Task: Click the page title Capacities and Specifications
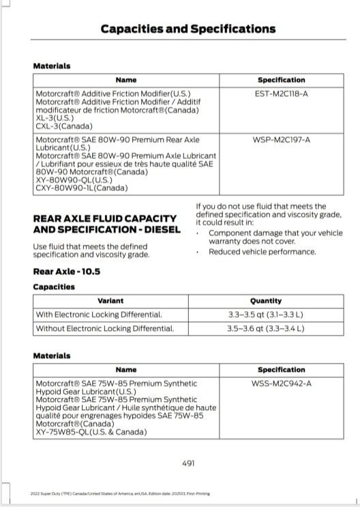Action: [x=187, y=29]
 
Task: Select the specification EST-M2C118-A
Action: [x=281, y=93]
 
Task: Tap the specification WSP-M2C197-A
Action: [x=281, y=139]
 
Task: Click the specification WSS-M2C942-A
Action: [x=281, y=383]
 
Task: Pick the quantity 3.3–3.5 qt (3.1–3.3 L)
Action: [x=266, y=315]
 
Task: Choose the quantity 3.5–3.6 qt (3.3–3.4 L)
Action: [x=266, y=328]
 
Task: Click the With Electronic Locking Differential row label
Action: [x=99, y=315]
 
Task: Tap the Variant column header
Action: [x=110, y=301]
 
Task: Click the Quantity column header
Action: [x=266, y=301]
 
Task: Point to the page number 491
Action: [x=188, y=463]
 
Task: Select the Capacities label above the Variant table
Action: [x=54, y=287]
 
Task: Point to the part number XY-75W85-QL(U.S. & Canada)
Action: [x=91, y=432]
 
